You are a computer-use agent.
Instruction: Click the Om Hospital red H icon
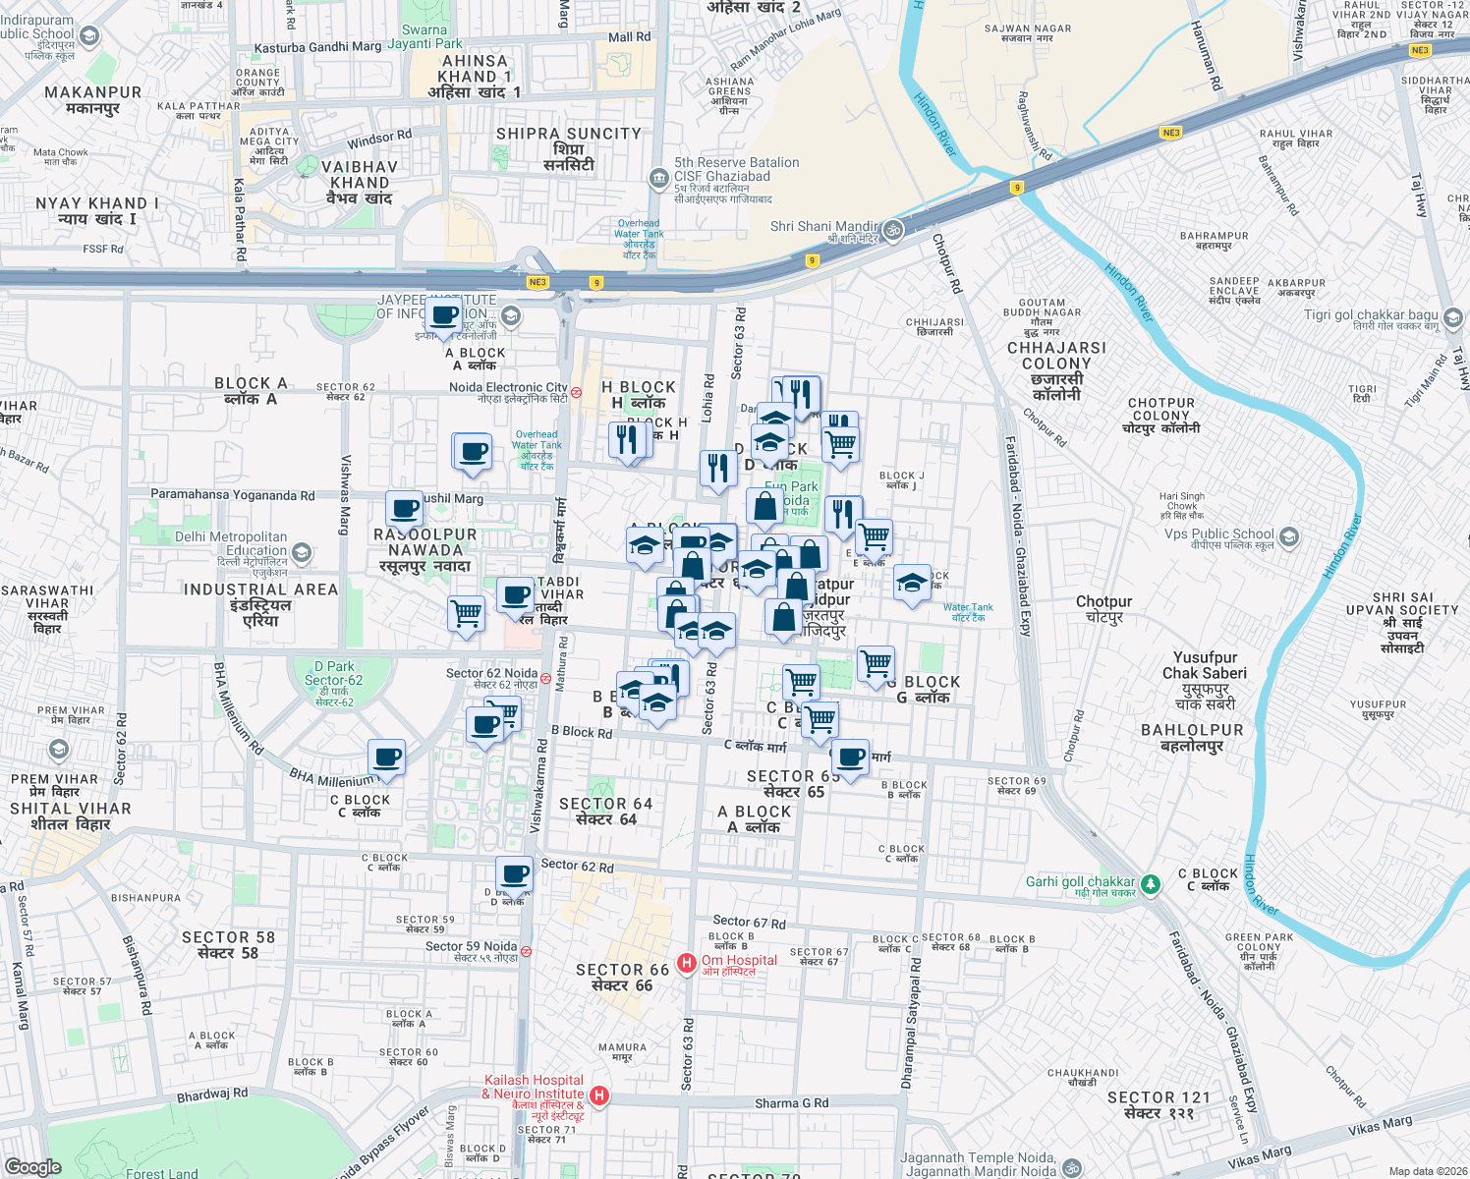point(687,963)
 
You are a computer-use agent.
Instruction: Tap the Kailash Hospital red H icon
point(598,1095)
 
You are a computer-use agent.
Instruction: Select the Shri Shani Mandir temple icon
point(892,231)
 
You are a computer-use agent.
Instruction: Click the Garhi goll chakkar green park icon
point(1150,884)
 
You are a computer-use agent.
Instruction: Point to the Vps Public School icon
point(1289,537)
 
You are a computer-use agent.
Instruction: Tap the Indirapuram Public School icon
point(89,36)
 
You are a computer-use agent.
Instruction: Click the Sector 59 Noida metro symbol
point(527,951)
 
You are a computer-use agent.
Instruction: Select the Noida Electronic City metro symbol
point(577,392)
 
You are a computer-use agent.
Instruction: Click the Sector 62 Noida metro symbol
point(545,678)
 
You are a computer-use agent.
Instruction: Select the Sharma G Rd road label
point(791,1103)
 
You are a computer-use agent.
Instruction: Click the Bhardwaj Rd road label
point(212,1094)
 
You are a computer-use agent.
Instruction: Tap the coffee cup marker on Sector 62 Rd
point(514,873)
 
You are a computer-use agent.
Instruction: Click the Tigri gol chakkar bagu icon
point(1453,317)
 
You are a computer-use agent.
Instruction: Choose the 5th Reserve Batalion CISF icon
point(658,177)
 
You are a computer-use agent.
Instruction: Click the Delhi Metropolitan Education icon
point(302,553)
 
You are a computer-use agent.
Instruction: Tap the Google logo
point(33,1167)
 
